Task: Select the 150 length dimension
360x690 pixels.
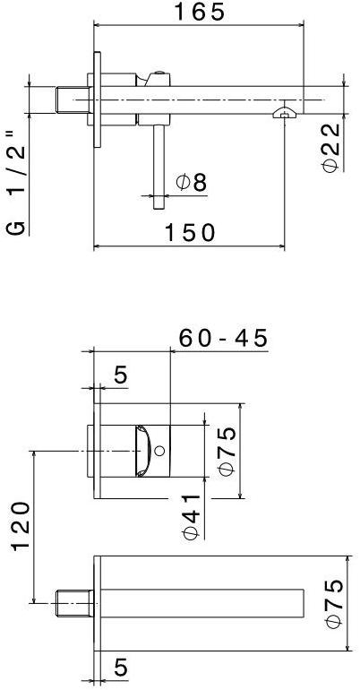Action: (190, 233)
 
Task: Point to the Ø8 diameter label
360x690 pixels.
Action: (192, 183)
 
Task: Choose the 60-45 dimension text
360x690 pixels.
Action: (223, 338)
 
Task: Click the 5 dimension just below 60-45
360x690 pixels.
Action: (119, 375)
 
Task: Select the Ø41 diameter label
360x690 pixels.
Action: (191, 517)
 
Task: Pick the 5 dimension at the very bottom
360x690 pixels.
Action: (119, 668)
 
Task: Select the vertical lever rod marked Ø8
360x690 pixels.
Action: (159, 166)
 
